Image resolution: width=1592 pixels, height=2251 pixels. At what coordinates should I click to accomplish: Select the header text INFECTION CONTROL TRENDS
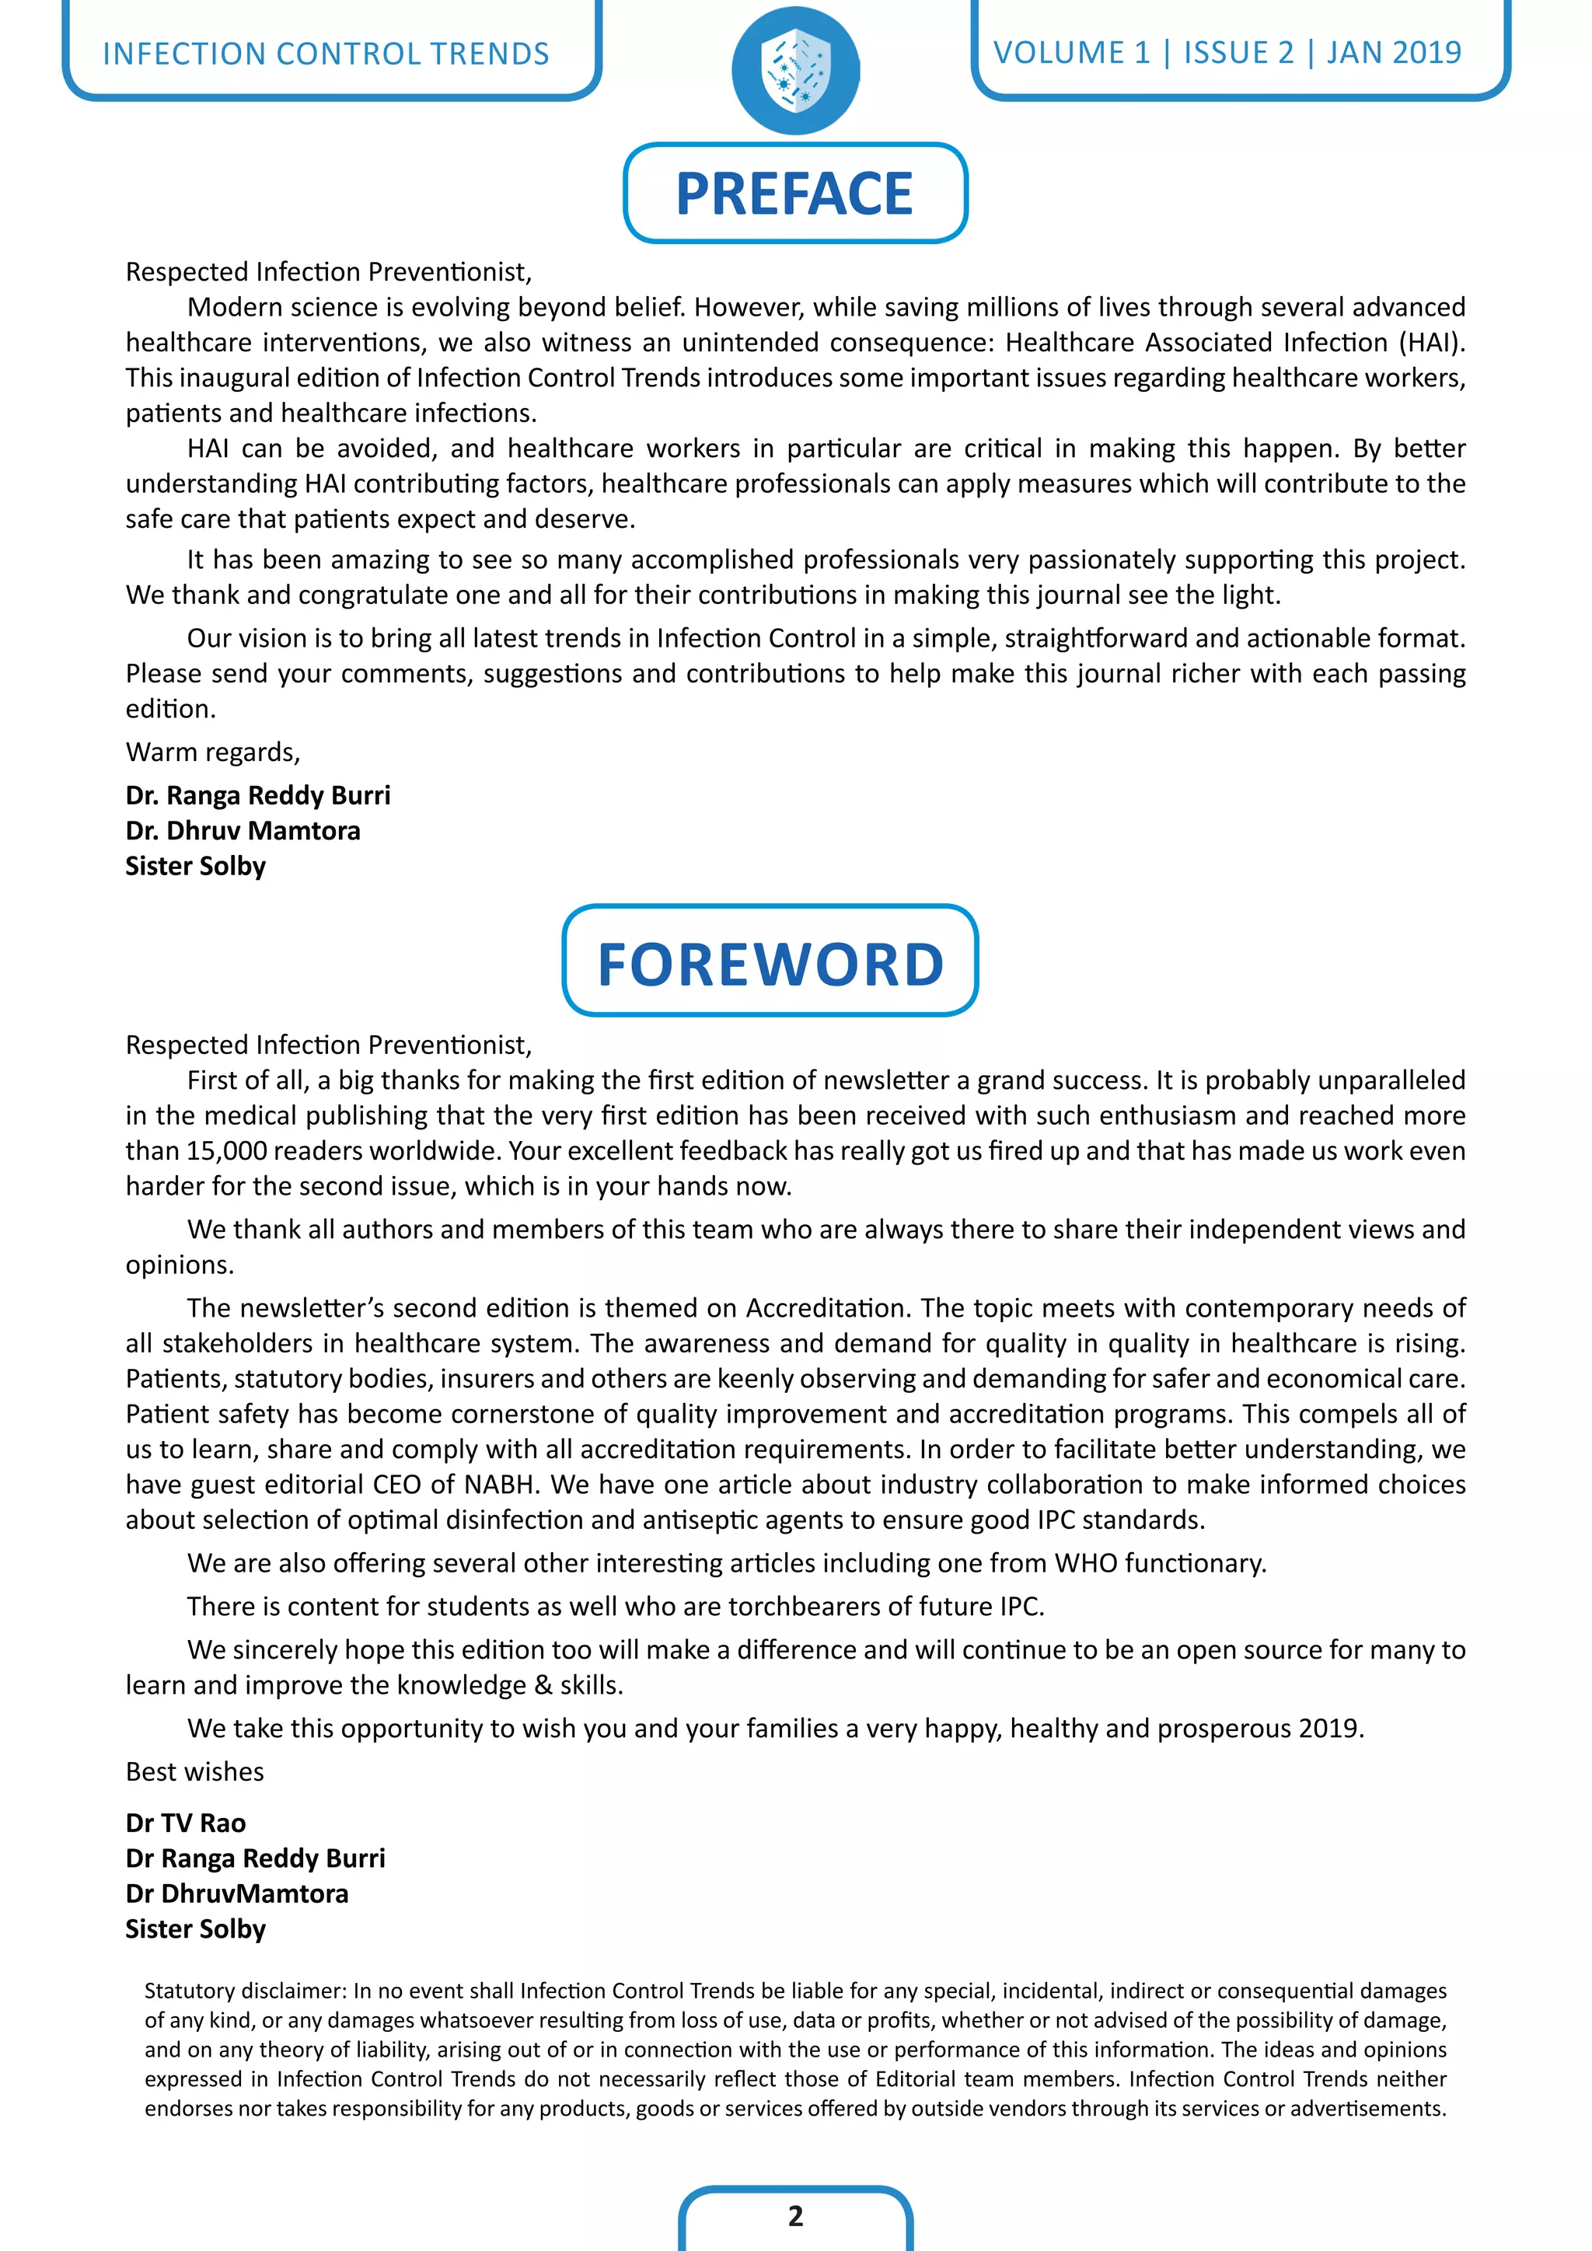(x=326, y=53)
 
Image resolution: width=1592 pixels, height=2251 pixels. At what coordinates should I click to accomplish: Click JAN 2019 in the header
(x=1393, y=52)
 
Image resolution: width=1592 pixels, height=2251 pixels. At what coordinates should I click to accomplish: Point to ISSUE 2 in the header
(x=1238, y=52)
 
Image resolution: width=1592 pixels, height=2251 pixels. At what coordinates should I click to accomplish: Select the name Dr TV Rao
(x=185, y=1822)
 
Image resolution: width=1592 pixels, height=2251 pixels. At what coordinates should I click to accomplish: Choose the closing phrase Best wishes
(x=194, y=1771)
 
